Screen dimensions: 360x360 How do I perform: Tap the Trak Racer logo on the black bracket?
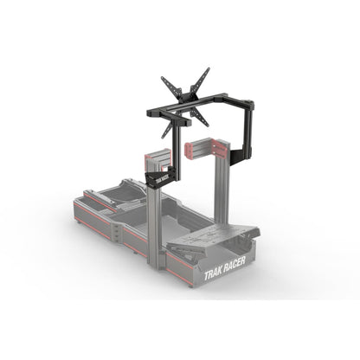click(x=158, y=177)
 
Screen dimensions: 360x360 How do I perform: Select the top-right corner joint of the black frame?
click(x=252, y=104)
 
